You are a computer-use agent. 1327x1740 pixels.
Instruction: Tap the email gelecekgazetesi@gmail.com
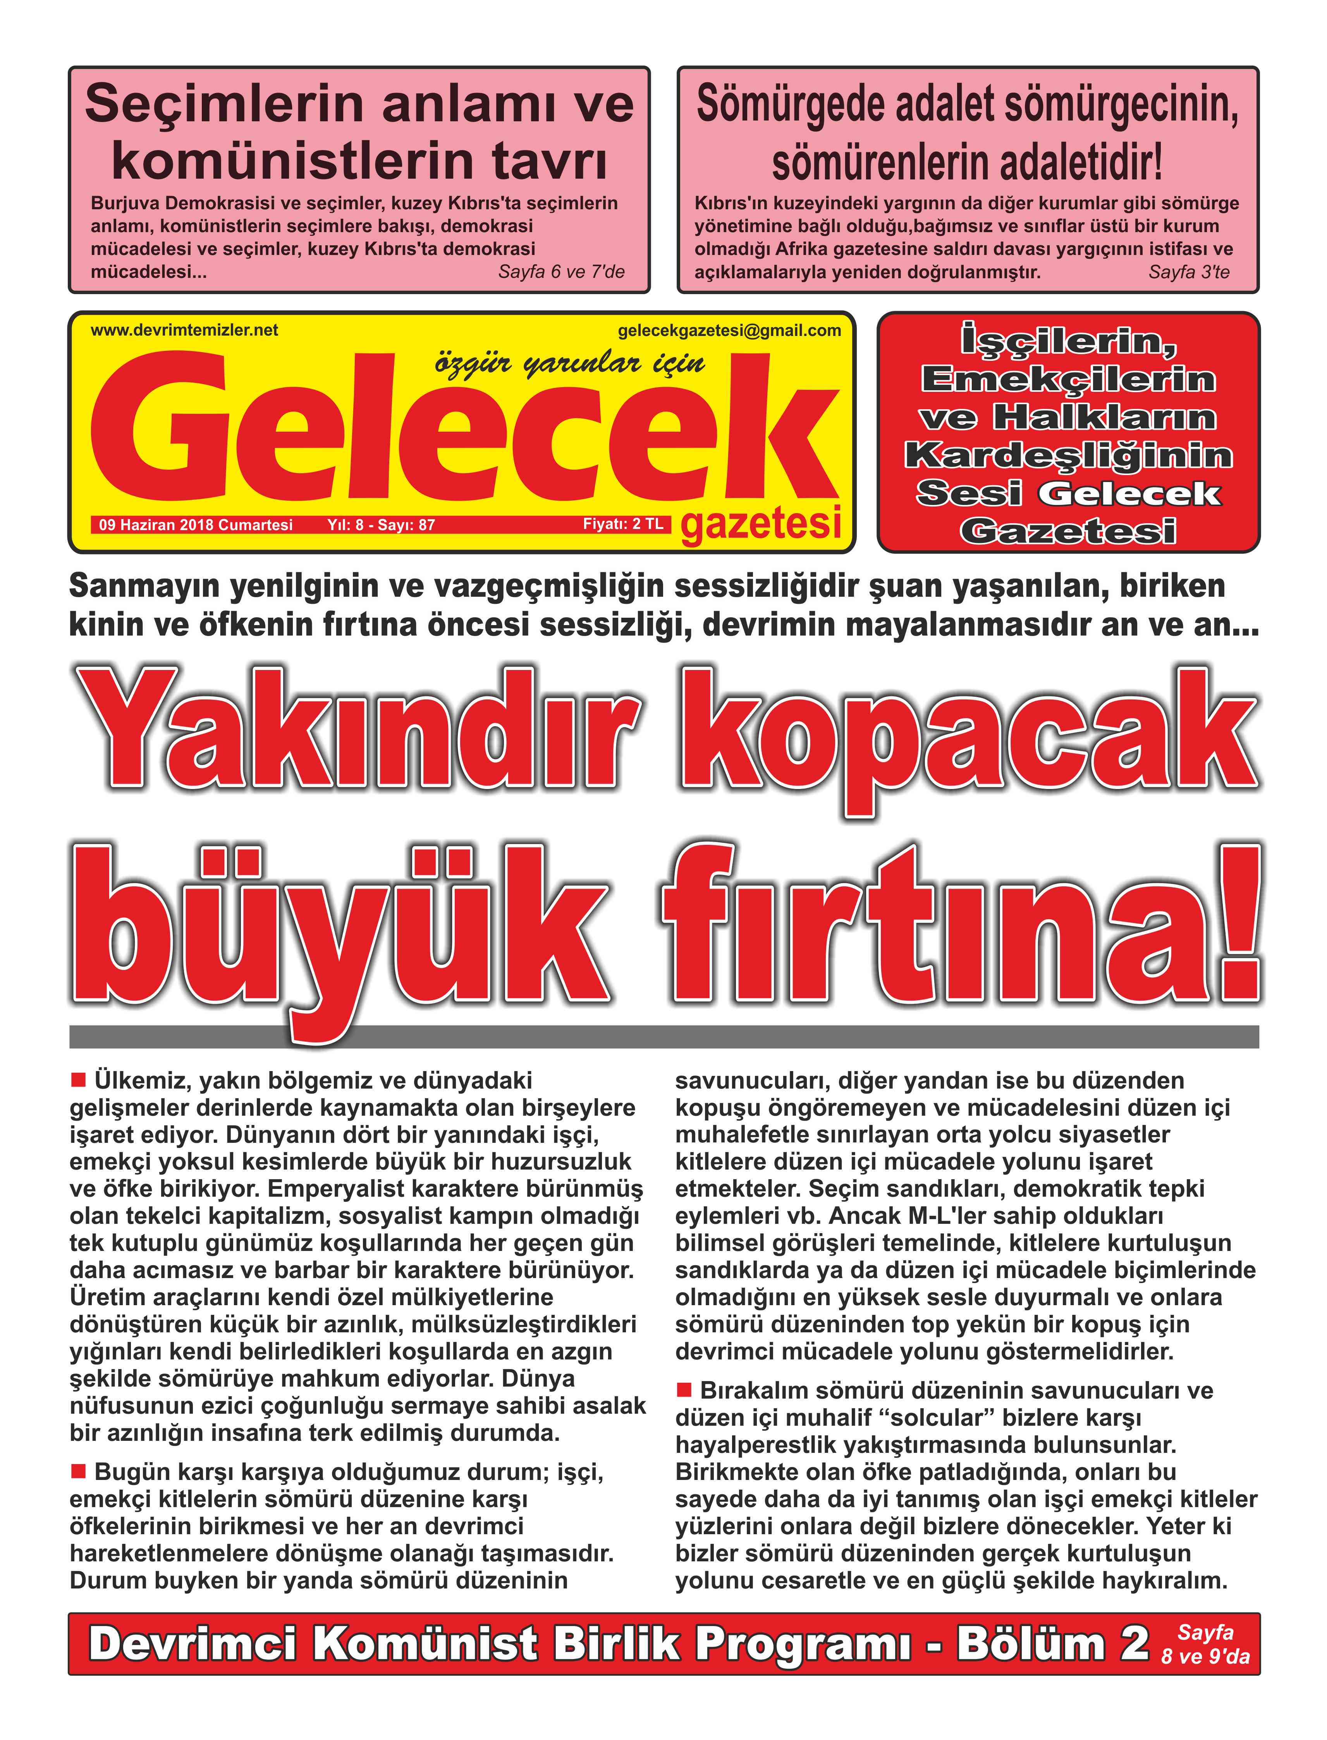(x=729, y=331)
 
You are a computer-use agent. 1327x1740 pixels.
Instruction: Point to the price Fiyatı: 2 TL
(x=622, y=524)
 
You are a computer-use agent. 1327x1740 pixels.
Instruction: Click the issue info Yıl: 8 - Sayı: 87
(x=381, y=525)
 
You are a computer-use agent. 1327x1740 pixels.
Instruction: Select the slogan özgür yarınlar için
(x=569, y=364)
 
